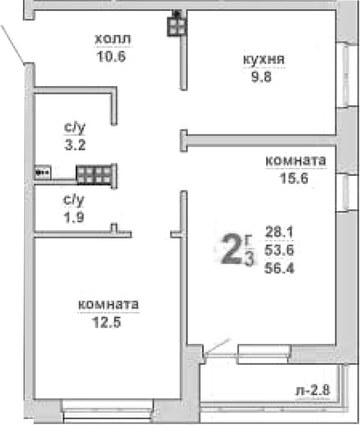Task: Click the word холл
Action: (x=113, y=39)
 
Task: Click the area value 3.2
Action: (x=73, y=147)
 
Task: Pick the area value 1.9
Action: (x=73, y=217)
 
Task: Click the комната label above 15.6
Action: (x=295, y=161)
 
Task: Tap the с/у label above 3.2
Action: (x=73, y=129)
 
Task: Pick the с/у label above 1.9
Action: (x=73, y=200)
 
